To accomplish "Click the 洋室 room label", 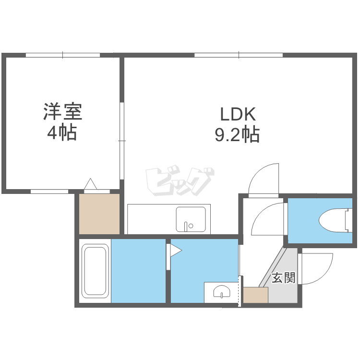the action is click(x=63, y=112).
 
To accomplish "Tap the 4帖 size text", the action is click(x=62, y=133).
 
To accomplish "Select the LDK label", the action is click(x=238, y=114).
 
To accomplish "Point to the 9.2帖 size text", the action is click(x=237, y=135).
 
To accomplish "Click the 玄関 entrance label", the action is click(x=283, y=278).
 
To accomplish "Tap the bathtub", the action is click(x=96, y=271).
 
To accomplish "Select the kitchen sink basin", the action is click(x=191, y=219).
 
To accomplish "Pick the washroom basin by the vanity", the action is click(x=222, y=291).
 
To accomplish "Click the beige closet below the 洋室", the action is click(x=99, y=214).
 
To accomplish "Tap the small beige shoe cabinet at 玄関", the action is click(x=255, y=295).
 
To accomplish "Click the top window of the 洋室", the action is click(x=63, y=55).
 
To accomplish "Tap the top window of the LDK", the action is click(x=239, y=55).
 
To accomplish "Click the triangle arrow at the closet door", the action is click(x=90, y=184).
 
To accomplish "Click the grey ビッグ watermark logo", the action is click(x=180, y=180).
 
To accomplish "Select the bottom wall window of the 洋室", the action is click(x=49, y=192).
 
